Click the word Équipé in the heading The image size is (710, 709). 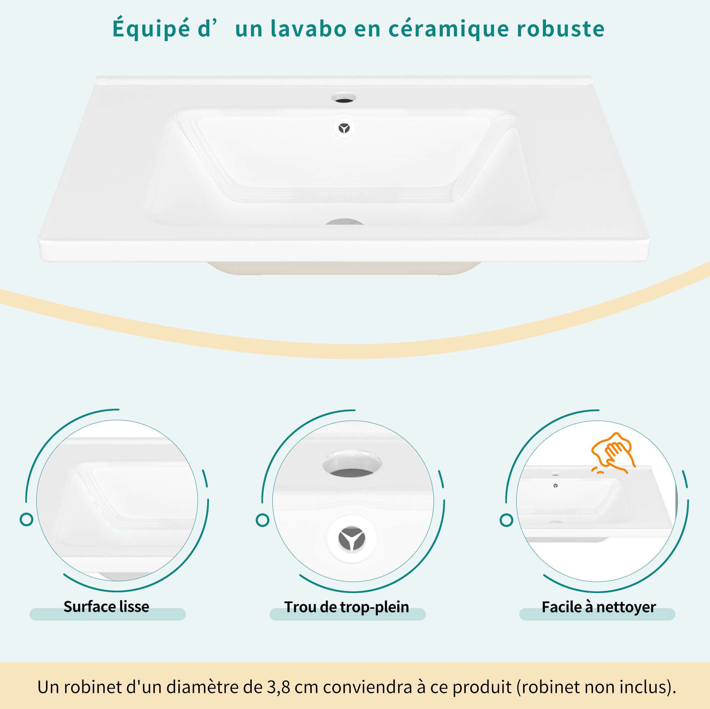[151, 28]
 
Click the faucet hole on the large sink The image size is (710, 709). [343, 97]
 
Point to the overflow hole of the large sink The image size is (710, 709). [344, 128]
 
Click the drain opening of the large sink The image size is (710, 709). [344, 221]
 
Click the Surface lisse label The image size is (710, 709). [106, 606]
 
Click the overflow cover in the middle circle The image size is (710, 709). [352, 539]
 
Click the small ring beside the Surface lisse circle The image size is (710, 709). [26, 519]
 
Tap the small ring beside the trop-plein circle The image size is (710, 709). [262, 520]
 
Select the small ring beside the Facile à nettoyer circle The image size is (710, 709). [506, 520]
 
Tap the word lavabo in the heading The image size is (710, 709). [308, 28]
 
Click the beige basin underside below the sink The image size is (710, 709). [344, 268]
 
